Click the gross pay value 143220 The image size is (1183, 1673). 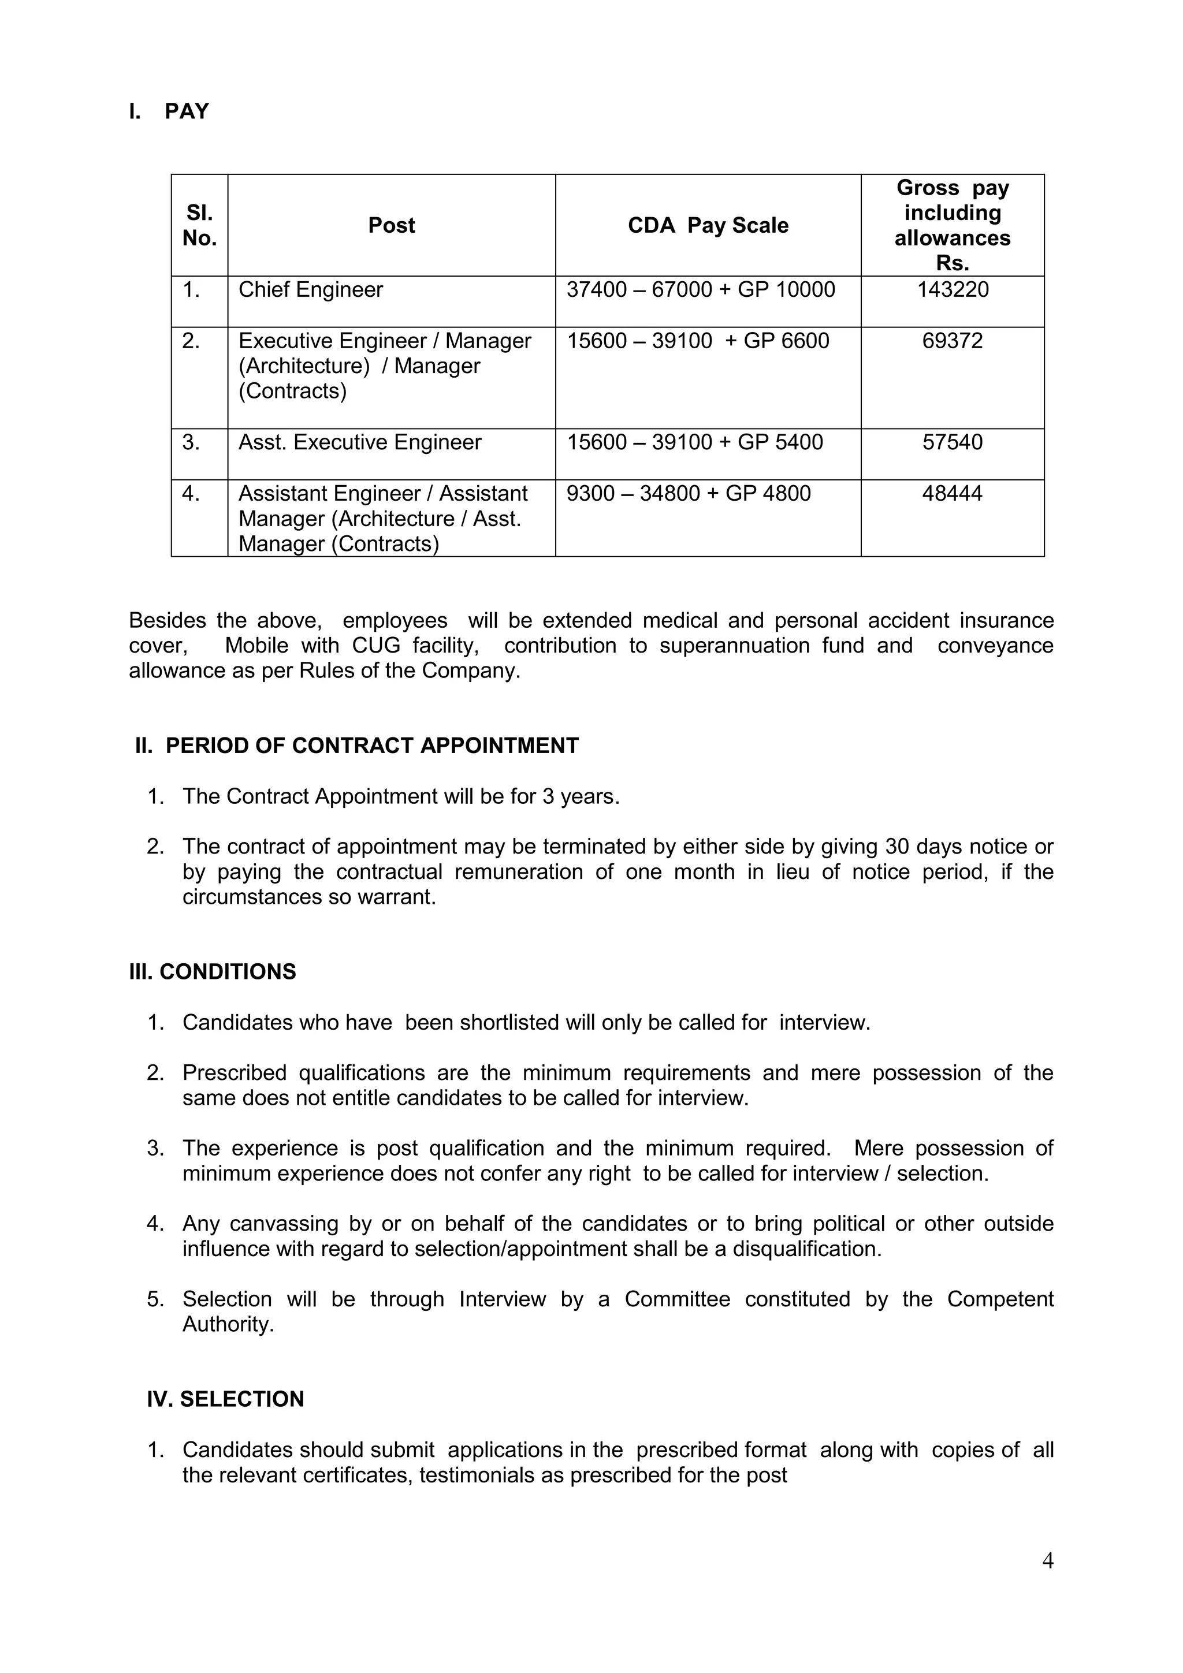tap(952, 290)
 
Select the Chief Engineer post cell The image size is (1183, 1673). tap(311, 290)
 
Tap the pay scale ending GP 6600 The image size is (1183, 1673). tap(698, 341)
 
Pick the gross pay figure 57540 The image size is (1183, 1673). tap(952, 442)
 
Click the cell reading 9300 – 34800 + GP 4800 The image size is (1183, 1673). tap(688, 493)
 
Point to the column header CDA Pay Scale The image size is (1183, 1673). tap(708, 225)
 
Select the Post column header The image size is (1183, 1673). tap(392, 225)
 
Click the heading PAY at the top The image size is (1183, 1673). tap(187, 111)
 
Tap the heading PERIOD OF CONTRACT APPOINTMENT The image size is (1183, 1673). tap(372, 746)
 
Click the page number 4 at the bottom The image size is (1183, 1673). tap(1047, 1560)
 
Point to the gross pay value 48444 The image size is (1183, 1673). tap(952, 493)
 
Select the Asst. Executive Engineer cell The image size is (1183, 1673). tap(360, 442)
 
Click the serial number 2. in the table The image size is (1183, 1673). tap(191, 341)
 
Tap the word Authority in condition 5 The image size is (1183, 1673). tap(228, 1324)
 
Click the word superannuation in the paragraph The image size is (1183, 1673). tap(734, 646)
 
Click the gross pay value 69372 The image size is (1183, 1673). tap(952, 341)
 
